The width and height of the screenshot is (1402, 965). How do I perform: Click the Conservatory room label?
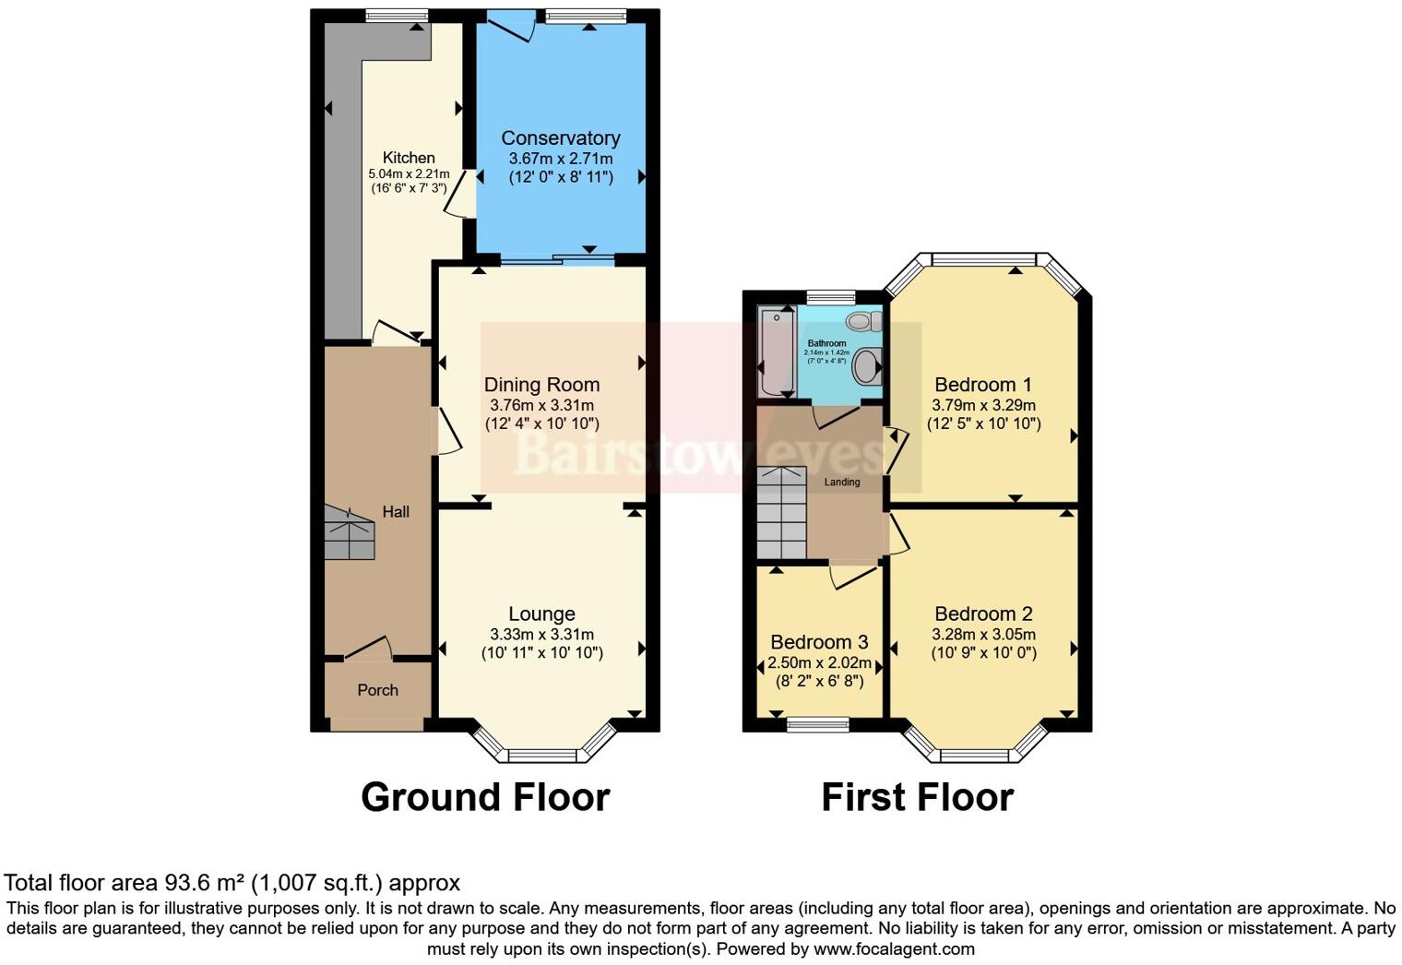[560, 138]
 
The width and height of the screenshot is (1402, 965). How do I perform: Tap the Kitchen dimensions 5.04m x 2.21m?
[409, 174]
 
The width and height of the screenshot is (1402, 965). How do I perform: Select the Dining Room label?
[541, 385]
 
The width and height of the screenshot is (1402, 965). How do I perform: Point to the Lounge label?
[541, 614]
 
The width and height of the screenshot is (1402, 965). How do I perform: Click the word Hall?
[396, 512]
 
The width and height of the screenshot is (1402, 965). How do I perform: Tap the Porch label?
[377, 690]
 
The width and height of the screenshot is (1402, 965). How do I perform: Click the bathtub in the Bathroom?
[776, 352]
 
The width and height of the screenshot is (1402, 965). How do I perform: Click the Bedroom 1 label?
[983, 385]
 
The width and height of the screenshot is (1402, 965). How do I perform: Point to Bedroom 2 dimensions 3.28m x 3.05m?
[983, 635]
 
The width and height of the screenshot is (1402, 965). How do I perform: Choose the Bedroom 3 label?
[819, 642]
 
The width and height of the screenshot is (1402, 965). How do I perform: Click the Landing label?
[842, 482]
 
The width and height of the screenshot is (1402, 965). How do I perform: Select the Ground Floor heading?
[485, 797]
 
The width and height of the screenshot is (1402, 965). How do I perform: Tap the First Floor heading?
[917, 797]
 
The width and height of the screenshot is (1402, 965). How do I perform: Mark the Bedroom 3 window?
[818, 724]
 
